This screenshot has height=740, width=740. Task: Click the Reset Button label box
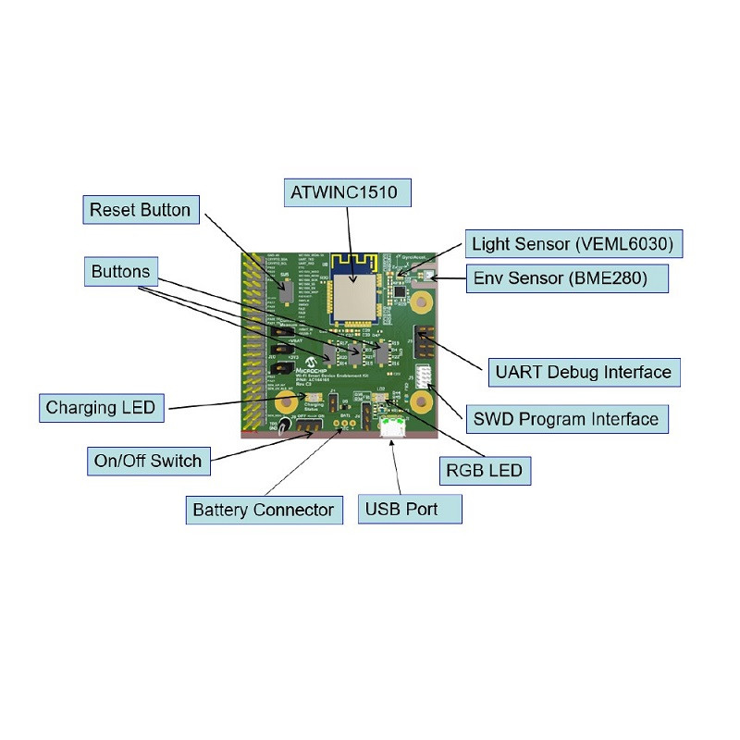click(140, 210)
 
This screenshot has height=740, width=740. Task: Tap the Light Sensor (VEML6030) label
click(573, 245)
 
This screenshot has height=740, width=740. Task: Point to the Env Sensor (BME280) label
click(571, 277)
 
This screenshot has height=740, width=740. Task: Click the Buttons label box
click(121, 272)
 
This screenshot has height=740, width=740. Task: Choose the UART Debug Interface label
click(583, 372)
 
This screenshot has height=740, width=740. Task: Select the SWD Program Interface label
click(565, 419)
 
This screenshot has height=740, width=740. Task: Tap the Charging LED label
click(100, 407)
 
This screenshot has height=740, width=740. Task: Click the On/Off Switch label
click(148, 460)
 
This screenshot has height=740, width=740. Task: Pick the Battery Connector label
click(263, 510)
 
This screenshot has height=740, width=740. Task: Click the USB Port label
click(401, 509)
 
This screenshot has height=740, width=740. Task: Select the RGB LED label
click(484, 470)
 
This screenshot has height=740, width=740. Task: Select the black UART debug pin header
click(424, 343)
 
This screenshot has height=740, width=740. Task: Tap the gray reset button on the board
click(287, 290)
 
